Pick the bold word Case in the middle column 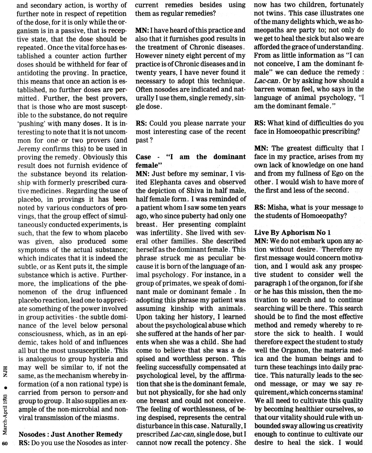coord(143,157)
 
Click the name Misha coord(277,207)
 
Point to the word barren coord(268,89)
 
